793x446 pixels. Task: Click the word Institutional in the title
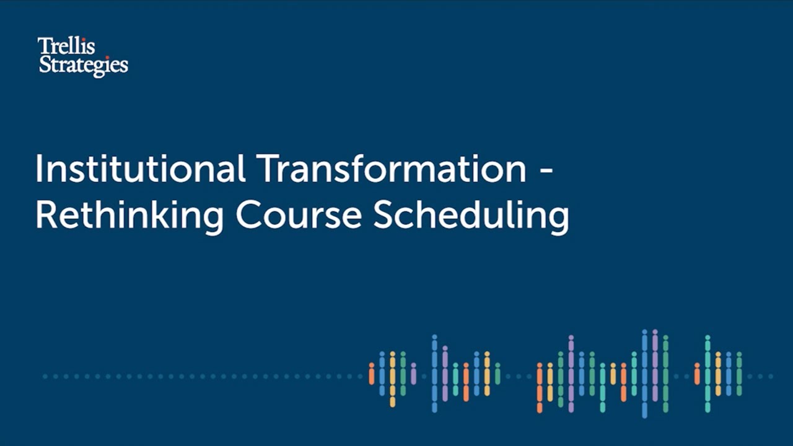pos(140,168)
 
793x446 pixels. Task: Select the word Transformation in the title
pos(392,168)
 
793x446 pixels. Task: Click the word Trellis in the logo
pos(66,46)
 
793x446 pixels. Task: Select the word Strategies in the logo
pos(83,65)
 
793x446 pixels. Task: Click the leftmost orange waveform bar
pos(372,374)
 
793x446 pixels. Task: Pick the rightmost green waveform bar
pos(738,374)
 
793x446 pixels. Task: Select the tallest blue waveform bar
pos(644,374)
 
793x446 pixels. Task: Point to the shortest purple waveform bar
pos(413,374)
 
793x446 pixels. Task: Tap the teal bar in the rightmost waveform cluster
pos(707,374)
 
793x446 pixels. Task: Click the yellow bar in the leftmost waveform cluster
pos(392,378)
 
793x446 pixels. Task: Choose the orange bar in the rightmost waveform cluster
pos(696,374)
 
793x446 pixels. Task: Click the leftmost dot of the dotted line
pos(45,376)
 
